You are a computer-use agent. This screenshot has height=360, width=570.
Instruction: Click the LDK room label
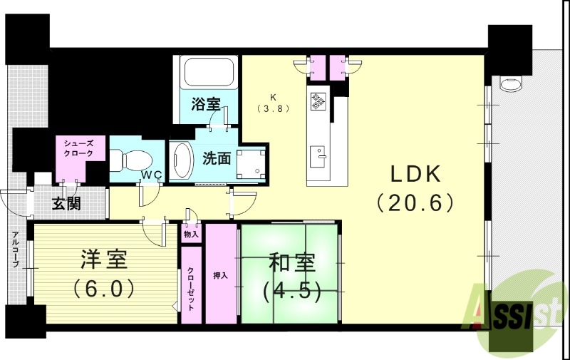point(415,175)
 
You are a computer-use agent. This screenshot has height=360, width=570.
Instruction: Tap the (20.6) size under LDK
point(415,203)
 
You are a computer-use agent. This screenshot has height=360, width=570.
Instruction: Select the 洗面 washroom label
point(216,158)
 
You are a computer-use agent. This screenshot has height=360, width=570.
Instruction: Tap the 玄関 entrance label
point(66,204)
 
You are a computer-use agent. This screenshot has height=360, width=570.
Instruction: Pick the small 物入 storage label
point(191,234)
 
